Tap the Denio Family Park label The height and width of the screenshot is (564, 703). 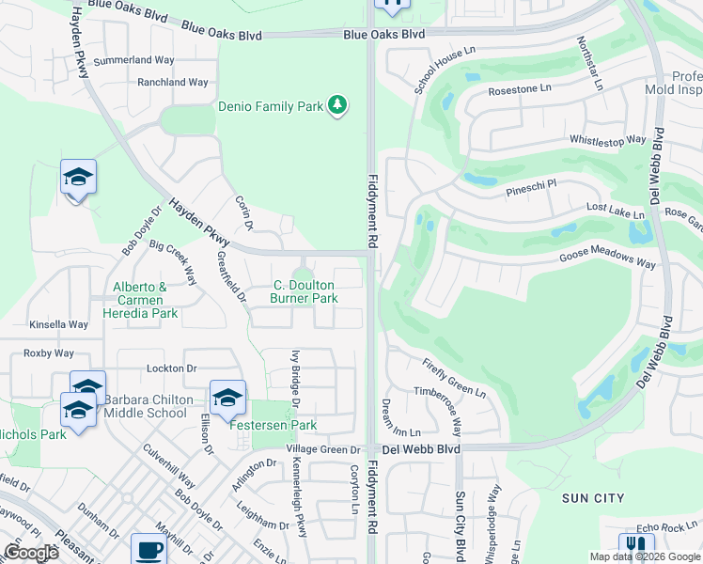271,107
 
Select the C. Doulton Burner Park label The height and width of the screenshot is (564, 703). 305,291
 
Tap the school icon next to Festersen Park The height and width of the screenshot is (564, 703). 227,399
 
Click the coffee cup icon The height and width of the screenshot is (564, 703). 148,549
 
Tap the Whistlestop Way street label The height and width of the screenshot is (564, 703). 608,140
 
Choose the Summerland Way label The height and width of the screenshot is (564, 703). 135,59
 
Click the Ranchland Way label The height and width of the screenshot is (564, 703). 172,83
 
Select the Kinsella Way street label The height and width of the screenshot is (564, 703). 58,324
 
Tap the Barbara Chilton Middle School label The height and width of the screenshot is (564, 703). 145,406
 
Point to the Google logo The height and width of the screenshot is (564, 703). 31,553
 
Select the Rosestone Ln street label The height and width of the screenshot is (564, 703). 519,90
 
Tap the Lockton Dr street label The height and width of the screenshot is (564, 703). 171,369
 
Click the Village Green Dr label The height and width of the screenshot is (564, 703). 323,450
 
